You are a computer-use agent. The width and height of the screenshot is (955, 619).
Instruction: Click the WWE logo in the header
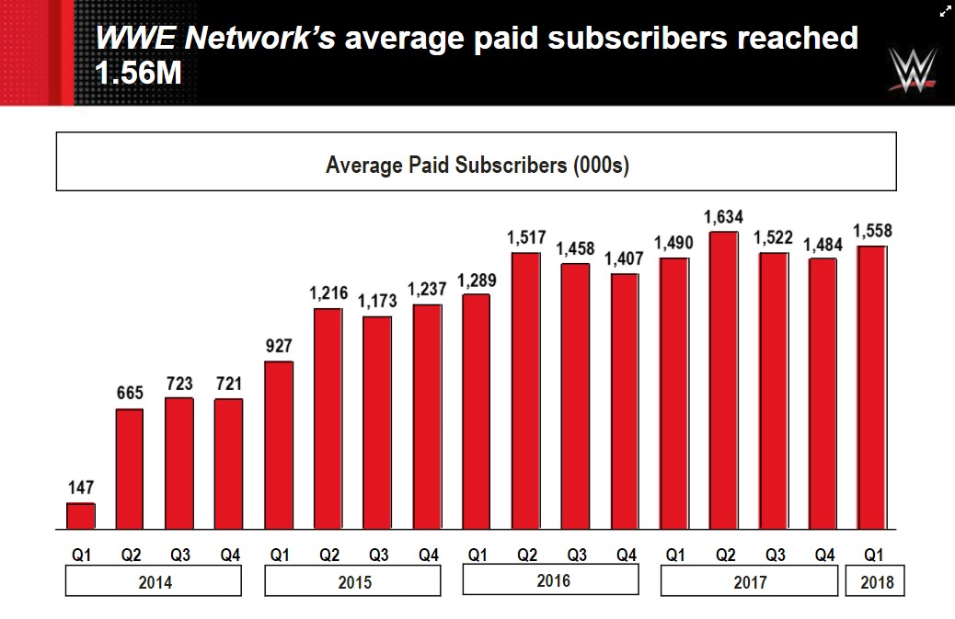[913, 70]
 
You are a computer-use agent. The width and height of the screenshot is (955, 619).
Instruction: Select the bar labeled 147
[81, 516]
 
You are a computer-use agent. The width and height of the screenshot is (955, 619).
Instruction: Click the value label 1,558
[872, 232]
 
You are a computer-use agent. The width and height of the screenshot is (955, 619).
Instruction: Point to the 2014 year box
[153, 581]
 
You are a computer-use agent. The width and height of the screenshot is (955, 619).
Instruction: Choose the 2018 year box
[875, 581]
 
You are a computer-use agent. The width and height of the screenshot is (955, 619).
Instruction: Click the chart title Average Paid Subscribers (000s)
[477, 166]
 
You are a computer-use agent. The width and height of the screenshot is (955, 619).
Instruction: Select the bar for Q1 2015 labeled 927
[279, 445]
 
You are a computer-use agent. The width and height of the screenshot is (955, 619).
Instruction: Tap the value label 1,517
[525, 238]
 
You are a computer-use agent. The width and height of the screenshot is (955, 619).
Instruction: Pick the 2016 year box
[550, 579]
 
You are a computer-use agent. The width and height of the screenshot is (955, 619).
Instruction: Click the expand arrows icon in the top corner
[945, 11]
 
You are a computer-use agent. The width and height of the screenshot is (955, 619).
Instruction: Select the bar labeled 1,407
[625, 402]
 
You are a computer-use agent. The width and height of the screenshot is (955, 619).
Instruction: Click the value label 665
[130, 394]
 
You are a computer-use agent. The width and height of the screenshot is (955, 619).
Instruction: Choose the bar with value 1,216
[328, 419]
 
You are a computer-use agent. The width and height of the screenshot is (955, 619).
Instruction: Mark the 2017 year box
[749, 581]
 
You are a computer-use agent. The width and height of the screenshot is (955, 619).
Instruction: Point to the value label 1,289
[476, 279]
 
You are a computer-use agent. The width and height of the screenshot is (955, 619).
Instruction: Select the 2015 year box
[352, 581]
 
